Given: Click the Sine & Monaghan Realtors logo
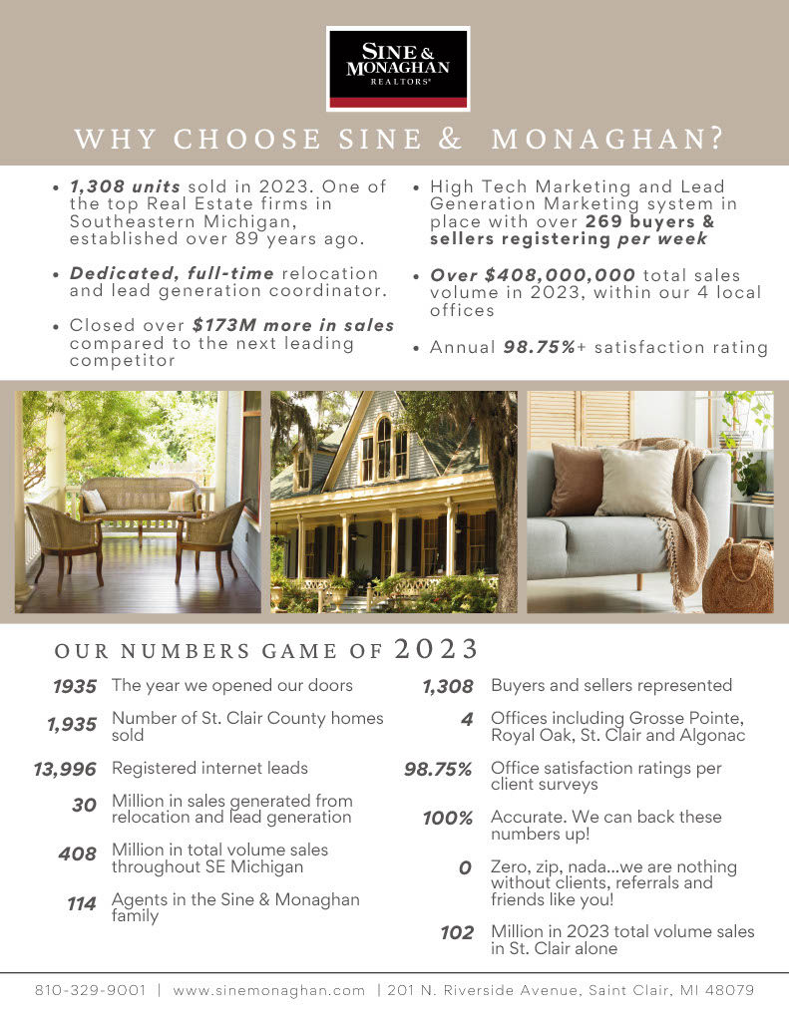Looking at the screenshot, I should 397,68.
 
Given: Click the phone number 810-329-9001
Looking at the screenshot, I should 91,990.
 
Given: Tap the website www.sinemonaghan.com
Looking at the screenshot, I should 269,990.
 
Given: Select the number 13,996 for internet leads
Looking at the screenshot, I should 65,769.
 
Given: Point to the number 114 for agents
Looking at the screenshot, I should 81,903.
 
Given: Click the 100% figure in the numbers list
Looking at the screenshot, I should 448,819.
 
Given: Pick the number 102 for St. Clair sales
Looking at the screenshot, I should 457,933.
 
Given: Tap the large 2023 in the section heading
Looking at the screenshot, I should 437,649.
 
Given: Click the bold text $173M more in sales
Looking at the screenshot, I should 293,325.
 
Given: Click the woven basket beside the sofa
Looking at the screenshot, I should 738,575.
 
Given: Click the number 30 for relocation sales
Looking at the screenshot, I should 84,804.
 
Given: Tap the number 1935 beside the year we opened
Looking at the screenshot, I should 75,686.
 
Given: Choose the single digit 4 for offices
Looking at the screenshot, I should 466,719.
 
